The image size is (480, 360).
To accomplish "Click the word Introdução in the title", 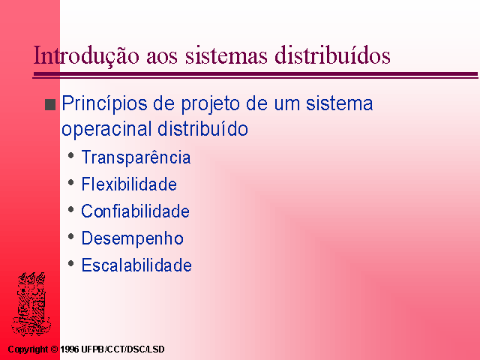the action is click(86, 55).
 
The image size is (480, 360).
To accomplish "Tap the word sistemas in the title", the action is click(226, 55).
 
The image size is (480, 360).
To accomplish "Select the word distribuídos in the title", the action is click(332, 55).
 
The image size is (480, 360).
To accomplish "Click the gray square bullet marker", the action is click(50, 105).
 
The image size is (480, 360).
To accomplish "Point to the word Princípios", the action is click(105, 104).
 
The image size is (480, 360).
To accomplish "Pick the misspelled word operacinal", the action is click(106, 129).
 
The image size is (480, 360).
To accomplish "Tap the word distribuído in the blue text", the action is click(202, 128).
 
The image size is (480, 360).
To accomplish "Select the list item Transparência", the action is click(136, 157).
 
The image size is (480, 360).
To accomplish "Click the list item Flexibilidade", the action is click(129, 184).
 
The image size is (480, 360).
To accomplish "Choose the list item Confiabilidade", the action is click(135, 211).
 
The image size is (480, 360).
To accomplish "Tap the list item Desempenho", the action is click(132, 238).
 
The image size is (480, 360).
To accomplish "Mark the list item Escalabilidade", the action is click(136, 265).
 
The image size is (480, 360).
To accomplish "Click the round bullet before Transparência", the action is click(71, 155).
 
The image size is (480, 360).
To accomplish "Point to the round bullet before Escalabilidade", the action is click(71, 263).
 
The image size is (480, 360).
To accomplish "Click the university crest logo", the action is click(31, 304).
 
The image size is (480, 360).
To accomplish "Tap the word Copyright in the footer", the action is click(28, 349).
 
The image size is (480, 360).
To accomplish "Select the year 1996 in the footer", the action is click(70, 349).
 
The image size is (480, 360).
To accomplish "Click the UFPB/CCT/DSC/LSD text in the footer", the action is click(123, 349).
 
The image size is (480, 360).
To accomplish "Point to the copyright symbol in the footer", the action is click(54, 349).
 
